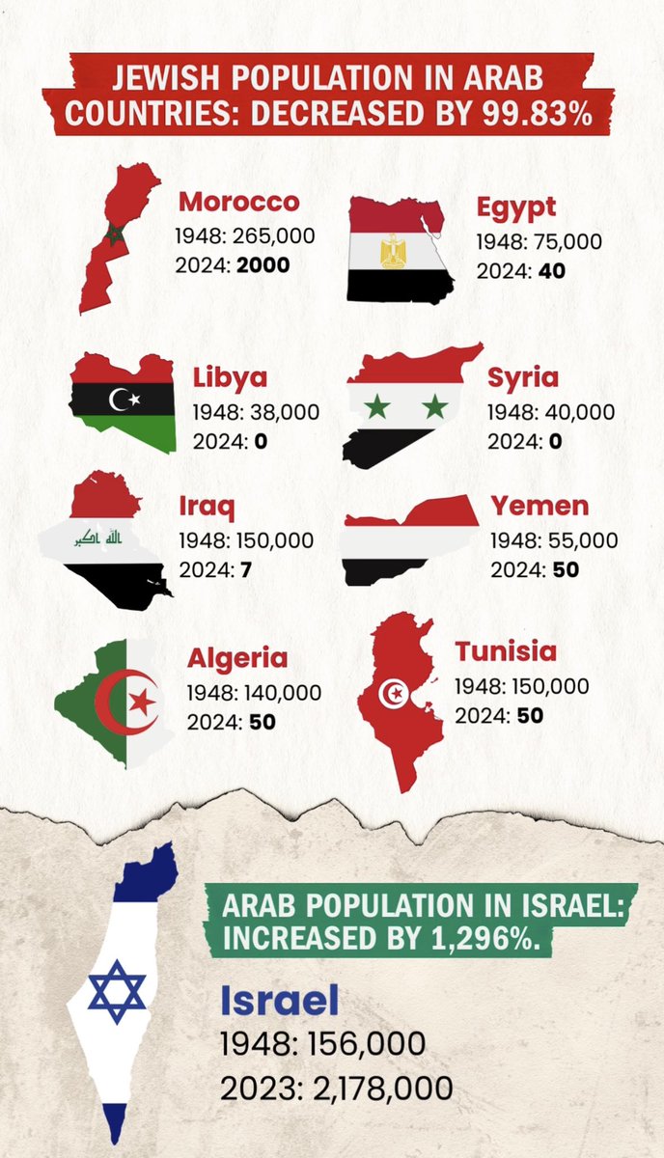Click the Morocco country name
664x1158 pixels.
coord(238,202)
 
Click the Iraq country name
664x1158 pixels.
coord(207,505)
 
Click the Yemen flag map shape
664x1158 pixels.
coord(409,539)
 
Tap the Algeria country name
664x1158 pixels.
coord(237,658)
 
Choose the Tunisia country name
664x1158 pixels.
coord(506,650)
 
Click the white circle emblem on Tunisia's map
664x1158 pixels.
coord(394,693)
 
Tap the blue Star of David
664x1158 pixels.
coord(117,991)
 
